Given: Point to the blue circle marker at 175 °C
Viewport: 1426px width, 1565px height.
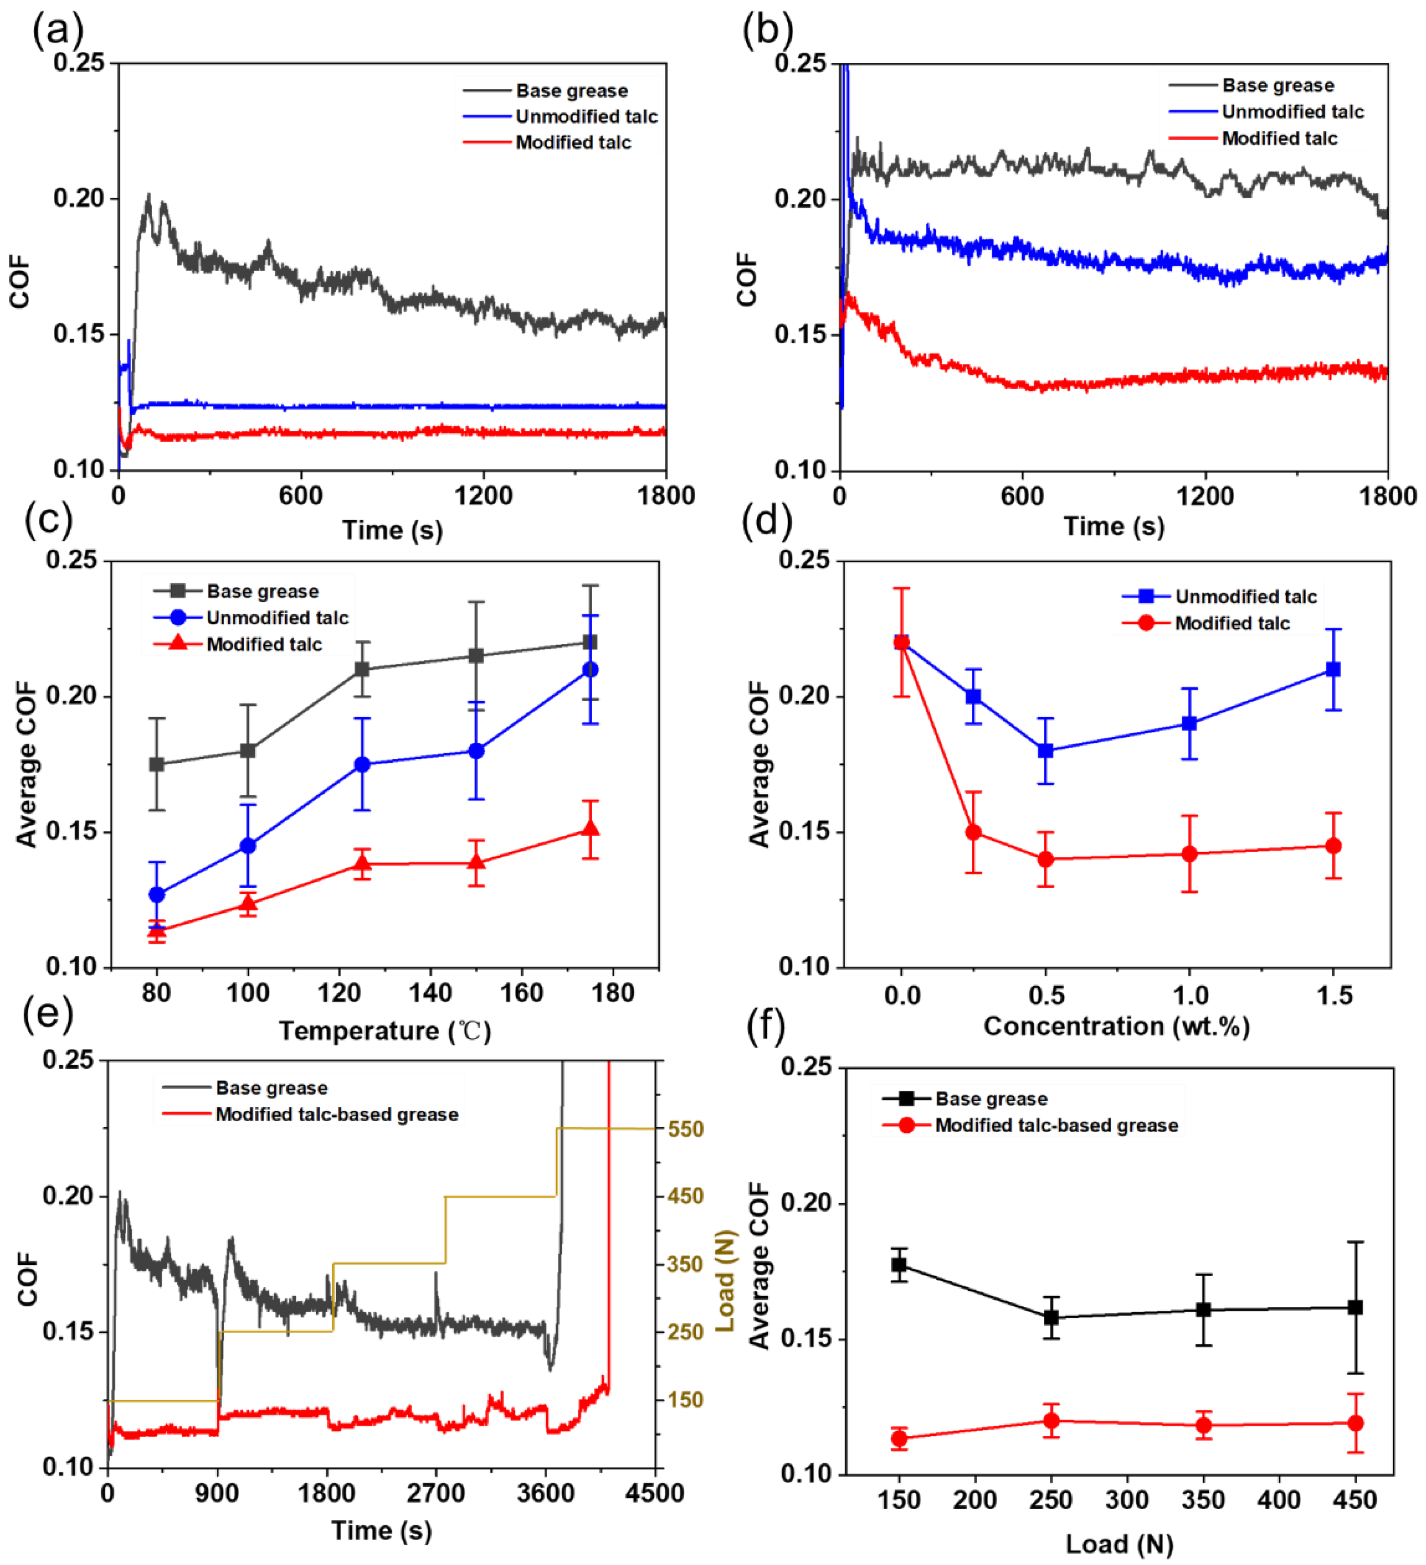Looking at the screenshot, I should click(590, 669).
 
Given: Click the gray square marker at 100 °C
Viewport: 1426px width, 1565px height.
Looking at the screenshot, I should click(248, 751).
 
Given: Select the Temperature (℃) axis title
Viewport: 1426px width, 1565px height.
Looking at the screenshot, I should click(385, 1031).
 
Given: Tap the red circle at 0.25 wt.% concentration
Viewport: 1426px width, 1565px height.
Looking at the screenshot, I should click(973, 832).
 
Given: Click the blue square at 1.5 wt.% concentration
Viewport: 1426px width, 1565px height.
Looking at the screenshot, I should click(1333, 669).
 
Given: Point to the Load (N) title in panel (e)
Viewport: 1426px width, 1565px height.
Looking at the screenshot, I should click(724, 1281).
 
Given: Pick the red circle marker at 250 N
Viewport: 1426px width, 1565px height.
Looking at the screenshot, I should click(1051, 1420).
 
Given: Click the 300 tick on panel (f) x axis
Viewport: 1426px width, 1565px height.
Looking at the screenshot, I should click(1127, 1500).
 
